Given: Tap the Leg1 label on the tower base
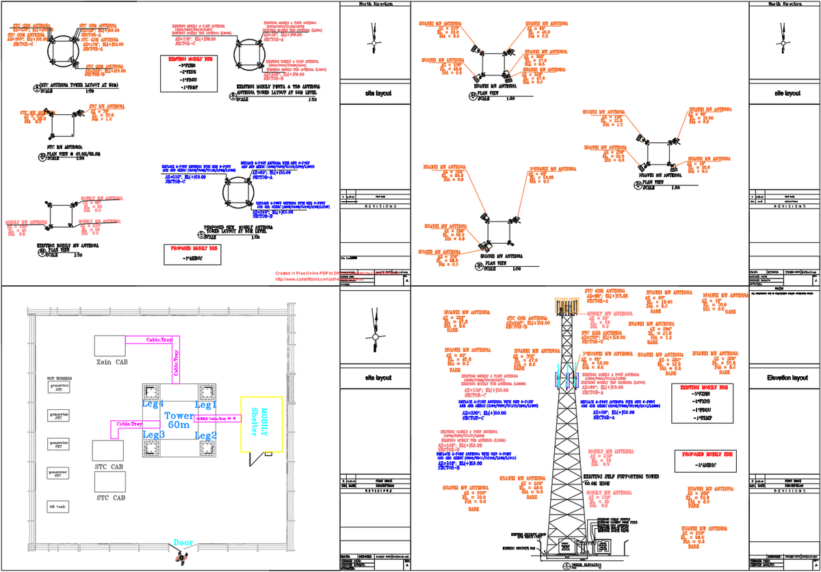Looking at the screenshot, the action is click(206, 405).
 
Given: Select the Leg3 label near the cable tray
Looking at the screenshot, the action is click(153, 435).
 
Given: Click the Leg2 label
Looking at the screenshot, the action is click(206, 435).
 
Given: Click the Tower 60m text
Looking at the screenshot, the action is click(179, 420).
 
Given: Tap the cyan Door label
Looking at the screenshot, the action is click(183, 543).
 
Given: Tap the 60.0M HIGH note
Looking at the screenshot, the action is click(597, 483).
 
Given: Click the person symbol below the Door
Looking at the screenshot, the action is click(181, 557).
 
